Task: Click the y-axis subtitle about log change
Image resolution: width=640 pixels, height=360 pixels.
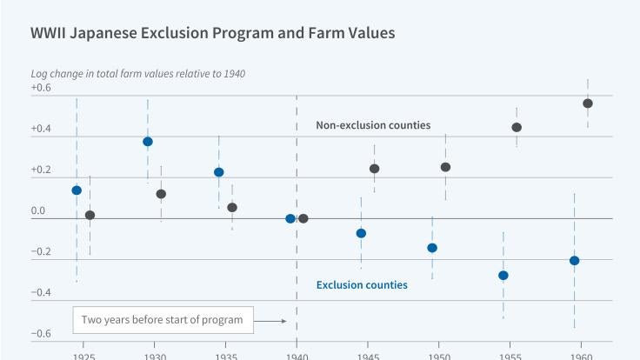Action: click(137, 73)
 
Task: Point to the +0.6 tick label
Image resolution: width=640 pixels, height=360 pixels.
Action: click(41, 88)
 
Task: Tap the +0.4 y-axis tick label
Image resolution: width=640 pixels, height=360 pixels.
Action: click(41, 129)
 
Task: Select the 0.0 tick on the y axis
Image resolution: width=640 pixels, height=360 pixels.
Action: click(38, 211)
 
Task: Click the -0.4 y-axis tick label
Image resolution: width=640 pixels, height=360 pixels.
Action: click(41, 293)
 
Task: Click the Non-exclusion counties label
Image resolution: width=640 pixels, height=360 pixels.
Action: click(373, 125)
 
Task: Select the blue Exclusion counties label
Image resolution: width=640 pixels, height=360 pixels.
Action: click(362, 284)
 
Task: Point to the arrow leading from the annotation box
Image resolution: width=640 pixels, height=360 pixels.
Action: click(274, 321)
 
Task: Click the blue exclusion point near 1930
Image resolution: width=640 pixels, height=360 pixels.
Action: click(148, 142)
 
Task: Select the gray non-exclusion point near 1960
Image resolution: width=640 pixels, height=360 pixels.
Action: click(588, 103)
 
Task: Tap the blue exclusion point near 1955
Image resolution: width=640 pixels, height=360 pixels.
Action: click(503, 276)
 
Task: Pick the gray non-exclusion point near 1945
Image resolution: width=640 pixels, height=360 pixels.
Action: click(374, 169)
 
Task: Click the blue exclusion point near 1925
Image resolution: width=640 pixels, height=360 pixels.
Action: click(77, 190)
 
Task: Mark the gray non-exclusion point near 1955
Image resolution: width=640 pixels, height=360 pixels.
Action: click(517, 127)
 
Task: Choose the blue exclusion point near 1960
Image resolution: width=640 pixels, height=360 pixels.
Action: click(574, 261)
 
